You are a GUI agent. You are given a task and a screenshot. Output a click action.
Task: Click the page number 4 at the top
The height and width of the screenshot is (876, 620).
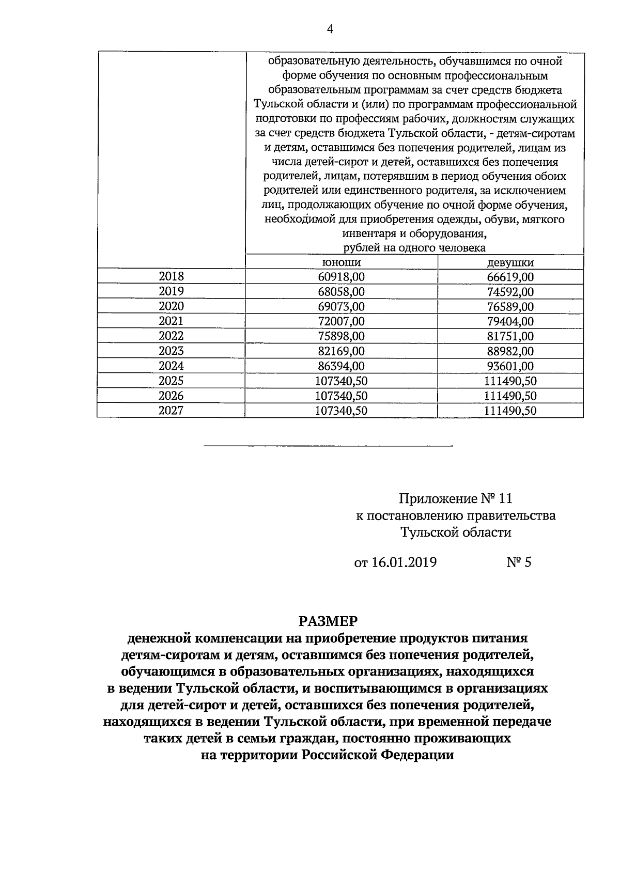(330, 30)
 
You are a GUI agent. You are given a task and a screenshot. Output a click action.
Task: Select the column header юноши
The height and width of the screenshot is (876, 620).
(341, 262)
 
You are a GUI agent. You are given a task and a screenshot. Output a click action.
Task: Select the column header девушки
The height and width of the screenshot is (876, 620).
(510, 262)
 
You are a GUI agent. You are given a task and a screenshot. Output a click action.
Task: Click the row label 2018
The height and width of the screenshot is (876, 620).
(171, 276)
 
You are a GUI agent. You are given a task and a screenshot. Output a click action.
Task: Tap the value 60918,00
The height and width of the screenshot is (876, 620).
(341, 277)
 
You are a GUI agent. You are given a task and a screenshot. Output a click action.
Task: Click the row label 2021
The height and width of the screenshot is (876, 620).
(171, 321)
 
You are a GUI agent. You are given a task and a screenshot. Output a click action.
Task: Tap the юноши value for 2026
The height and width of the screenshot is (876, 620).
(341, 396)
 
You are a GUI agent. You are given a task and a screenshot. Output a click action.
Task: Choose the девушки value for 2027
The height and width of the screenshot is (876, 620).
(510, 411)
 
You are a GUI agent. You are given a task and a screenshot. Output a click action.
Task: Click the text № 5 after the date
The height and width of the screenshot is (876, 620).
(518, 562)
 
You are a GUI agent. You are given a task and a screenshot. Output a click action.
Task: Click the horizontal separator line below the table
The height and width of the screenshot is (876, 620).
(329, 445)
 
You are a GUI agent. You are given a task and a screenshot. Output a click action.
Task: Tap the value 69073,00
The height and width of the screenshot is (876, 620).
(341, 307)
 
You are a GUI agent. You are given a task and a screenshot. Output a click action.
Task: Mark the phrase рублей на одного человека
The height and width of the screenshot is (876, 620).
(414, 248)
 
